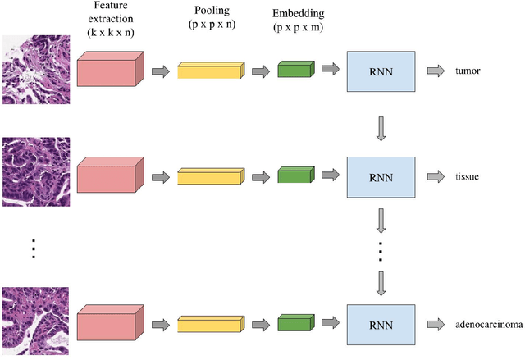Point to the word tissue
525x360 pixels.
pos(468,175)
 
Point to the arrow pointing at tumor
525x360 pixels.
pos(436,71)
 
